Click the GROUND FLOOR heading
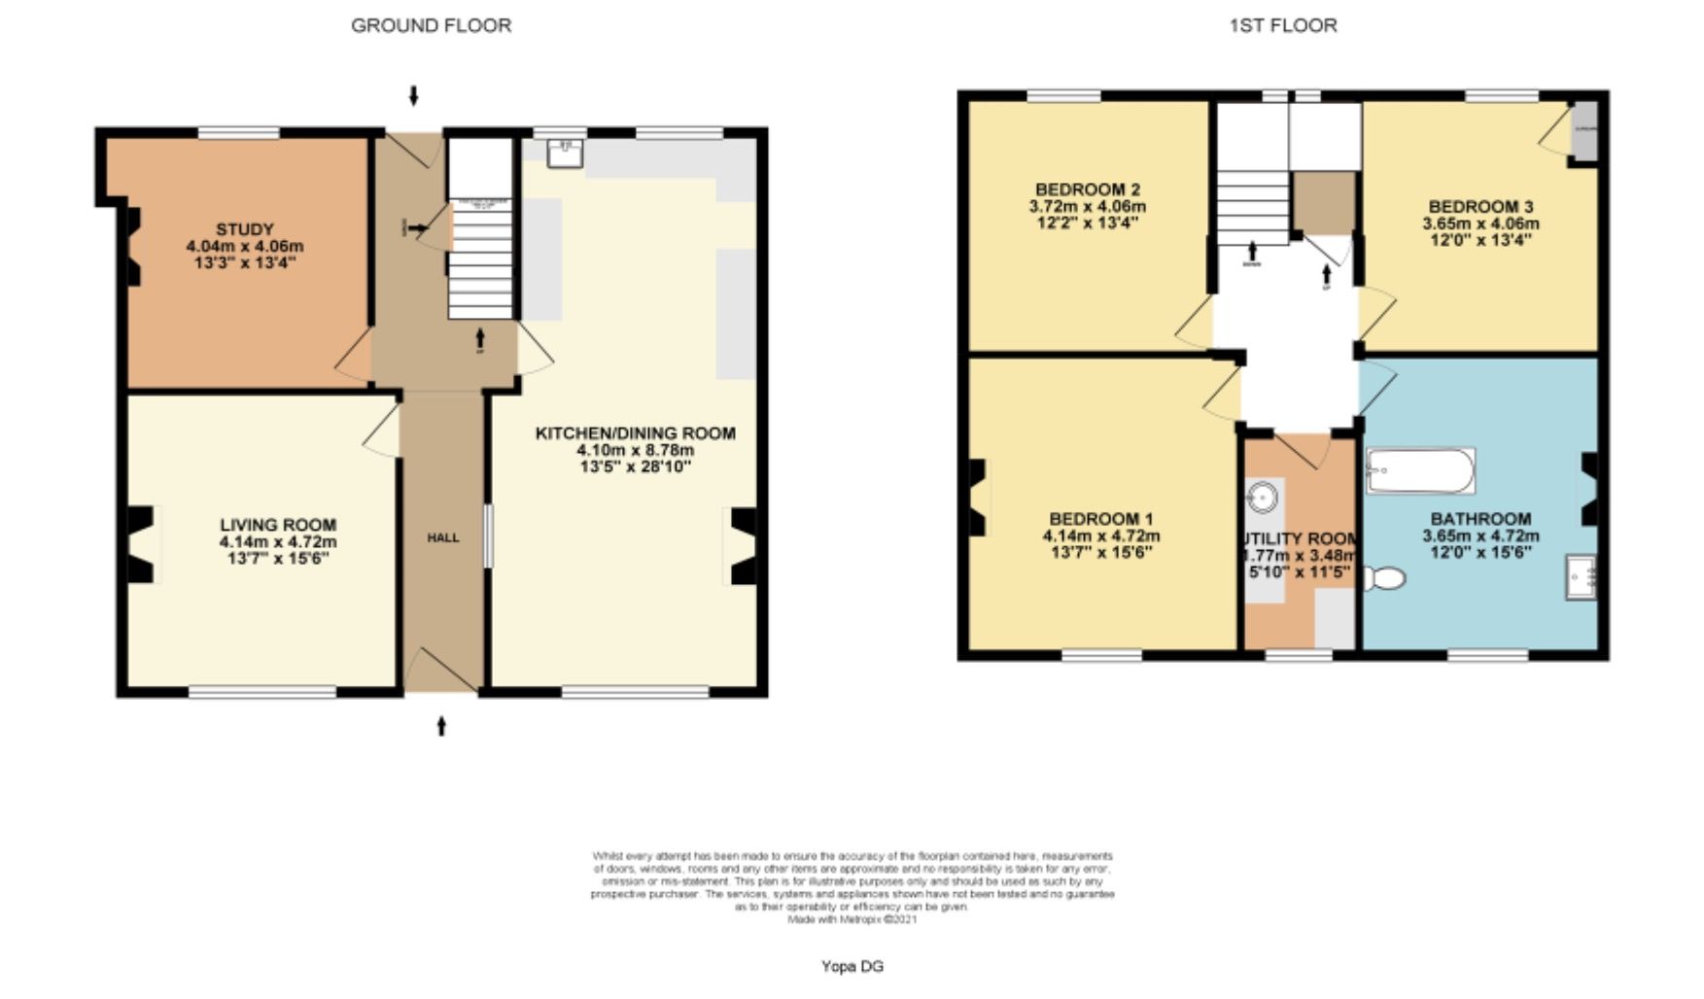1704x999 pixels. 431,26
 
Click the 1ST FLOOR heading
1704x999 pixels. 1283,26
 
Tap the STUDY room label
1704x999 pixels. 245,229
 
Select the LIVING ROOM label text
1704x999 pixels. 278,525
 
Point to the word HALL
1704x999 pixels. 443,537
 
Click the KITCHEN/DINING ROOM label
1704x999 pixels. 635,433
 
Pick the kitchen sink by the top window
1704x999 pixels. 565,153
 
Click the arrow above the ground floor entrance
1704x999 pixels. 414,95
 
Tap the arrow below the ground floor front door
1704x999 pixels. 441,725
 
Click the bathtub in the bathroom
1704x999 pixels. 1420,470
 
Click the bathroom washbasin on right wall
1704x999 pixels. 1581,577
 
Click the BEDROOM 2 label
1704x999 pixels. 1087,189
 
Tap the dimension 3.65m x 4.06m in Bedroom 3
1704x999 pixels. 1480,223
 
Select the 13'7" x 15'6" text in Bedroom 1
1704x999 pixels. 1101,552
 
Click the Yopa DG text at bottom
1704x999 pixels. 852,966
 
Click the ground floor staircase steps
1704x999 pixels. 479,262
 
